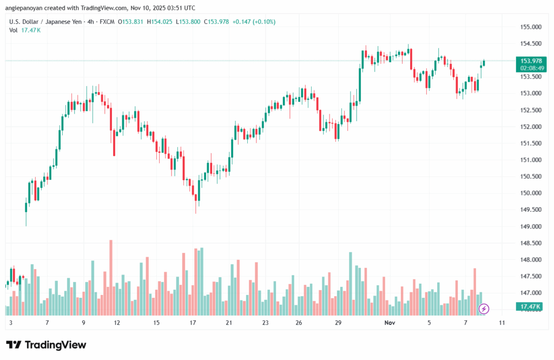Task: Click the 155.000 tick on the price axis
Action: click(531, 27)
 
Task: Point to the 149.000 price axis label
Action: click(531, 226)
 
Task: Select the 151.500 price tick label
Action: click(531, 143)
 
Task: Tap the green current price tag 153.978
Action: click(531, 61)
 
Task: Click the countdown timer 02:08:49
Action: click(531, 69)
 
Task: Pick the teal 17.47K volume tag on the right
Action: click(531, 306)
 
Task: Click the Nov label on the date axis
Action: click(390, 323)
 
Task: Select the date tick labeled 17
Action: click(193, 323)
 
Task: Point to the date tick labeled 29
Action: click(338, 323)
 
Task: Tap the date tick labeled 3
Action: click(11, 323)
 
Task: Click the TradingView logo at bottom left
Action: click(46, 345)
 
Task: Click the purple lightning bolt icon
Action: click(484, 309)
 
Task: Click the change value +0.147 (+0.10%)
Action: click(254, 22)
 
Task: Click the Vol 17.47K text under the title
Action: click(24, 30)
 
